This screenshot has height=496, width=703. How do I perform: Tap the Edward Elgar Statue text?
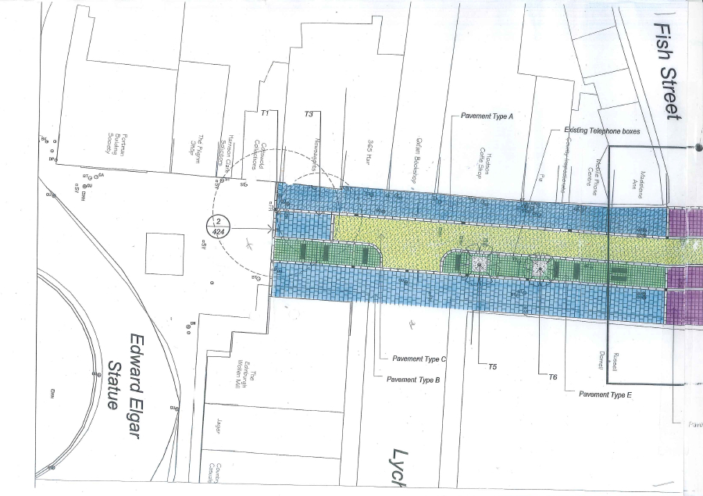coord(127,372)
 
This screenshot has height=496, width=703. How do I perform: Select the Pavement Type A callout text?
coord(488,116)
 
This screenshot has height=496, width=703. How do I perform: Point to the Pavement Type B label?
coord(414,380)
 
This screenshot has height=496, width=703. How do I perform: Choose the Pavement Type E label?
coord(605,394)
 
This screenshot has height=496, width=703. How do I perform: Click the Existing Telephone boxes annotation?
coord(602,131)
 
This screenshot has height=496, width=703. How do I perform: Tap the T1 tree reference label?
coord(265,114)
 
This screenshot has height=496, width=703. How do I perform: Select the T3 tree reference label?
coord(309,114)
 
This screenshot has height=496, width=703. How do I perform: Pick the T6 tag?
coord(552,376)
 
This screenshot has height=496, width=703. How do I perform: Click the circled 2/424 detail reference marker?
coord(218,227)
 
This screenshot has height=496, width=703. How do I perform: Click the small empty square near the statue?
coord(165,253)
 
